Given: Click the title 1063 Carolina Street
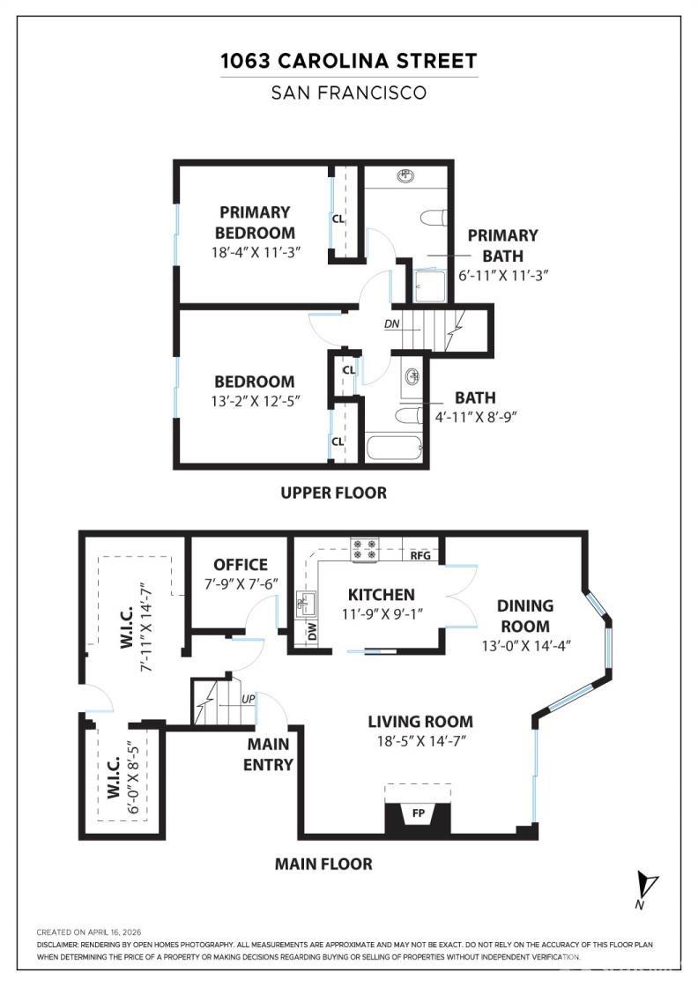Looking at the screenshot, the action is (349, 61).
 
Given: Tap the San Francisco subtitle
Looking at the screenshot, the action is (349, 93).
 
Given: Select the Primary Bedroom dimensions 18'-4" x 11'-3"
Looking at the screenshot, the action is (256, 252).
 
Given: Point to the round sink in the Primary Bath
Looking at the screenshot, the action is (406, 175).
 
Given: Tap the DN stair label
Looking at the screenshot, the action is (391, 324).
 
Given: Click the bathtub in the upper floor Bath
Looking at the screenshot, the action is (394, 449).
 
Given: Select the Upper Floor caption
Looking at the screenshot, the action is (334, 493).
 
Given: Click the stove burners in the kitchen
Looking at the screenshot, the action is (364, 550).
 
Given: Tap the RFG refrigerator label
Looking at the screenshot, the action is (420, 556).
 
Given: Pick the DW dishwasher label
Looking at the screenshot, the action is (313, 630).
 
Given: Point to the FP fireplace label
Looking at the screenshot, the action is (419, 813).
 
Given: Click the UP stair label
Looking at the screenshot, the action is (249, 700).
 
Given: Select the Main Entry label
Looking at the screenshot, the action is (269, 754).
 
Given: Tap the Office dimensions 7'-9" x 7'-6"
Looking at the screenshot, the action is (241, 584).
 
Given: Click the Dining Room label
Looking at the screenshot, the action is (525, 616).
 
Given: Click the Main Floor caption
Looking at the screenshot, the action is (323, 864).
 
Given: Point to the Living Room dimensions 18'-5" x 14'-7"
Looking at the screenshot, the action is (421, 741).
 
